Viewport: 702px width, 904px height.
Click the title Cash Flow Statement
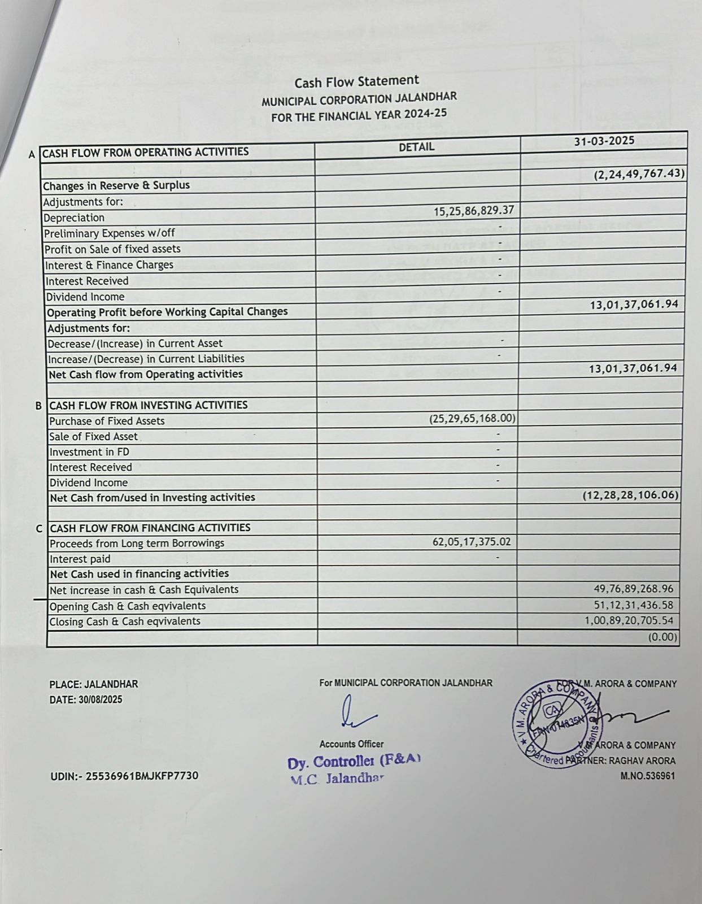click(x=356, y=82)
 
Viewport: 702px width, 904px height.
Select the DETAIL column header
click(x=416, y=147)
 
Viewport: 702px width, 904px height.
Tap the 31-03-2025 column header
click(x=604, y=141)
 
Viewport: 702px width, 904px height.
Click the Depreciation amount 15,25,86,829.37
click(x=474, y=211)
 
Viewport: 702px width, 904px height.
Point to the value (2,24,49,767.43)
click(x=639, y=173)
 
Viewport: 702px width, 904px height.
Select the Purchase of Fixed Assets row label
click(x=107, y=421)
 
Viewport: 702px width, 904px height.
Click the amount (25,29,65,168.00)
click(x=472, y=419)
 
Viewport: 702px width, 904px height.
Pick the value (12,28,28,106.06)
click(x=630, y=495)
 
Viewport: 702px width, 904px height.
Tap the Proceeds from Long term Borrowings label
click(x=137, y=543)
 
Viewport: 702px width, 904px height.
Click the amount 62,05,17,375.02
click(x=472, y=541)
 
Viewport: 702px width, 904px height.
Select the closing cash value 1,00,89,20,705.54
click(x=629, y=620)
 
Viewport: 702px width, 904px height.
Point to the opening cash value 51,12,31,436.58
click(x=633, y=605)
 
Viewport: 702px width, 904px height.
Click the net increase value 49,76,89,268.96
click(x=633, y=589)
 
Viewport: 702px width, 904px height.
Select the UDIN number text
click(x=124, y=776)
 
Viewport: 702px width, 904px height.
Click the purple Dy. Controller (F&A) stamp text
click(x=354, y=762)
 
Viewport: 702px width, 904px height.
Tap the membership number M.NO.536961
click(x=647, y=776)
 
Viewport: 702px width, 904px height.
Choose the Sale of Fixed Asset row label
click(x=93, y=436)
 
